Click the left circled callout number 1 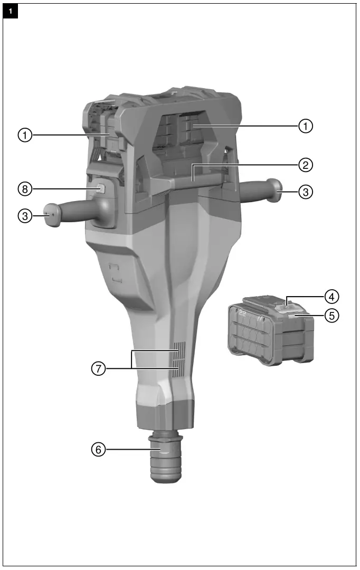pyautogui.click(x=23, y=135)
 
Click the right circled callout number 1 pyautogui.click(x=305, y=126)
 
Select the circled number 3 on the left pyautogui.click(x=23, y=215)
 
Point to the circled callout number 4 pyautogui.click(x=331, y=295)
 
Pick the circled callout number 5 pyautogui.click(x=331, y=316)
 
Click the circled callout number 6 pyautogui.click(x=98, y=450)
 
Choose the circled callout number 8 pyautogui.click(x=23, y=188)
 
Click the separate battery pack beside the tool pyautogui.click(x=269, y=332)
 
